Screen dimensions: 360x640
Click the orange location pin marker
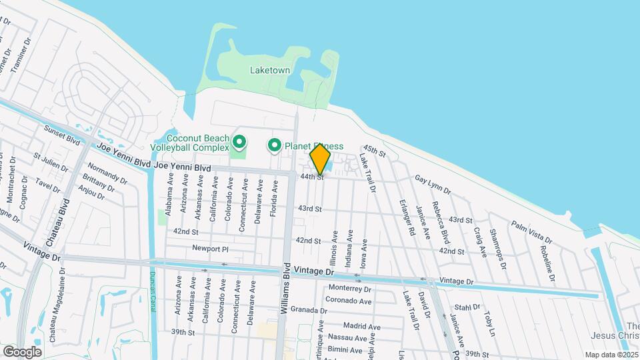(320, 160)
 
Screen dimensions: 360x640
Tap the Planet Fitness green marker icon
(274, 145)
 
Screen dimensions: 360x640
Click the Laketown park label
(269, 69)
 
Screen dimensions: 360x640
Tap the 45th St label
(375, 151)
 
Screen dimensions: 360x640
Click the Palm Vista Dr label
(531, 231)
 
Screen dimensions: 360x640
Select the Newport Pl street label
(210, 249)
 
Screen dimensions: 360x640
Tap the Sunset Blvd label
(62, 135)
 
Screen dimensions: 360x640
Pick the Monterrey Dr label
(349, 289)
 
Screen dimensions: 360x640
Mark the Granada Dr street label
(308, 311)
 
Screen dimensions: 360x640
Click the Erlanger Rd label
(407, 218)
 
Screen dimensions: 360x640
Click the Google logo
(22, 351)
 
